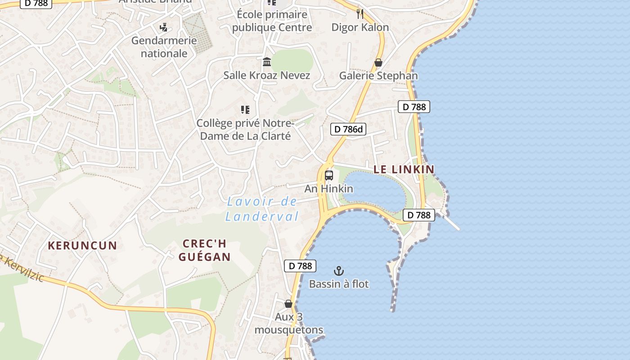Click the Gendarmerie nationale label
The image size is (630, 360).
point(164,47)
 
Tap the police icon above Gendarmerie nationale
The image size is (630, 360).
point(164,27)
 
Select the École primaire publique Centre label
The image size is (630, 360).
point(272,21)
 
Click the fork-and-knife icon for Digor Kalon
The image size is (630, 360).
point(360,13)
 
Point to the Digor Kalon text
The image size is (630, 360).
point(360,27)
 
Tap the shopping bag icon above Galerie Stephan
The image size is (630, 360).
point(378,63)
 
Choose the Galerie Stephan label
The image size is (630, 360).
point(378,75)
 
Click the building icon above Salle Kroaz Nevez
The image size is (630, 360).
point(267,62)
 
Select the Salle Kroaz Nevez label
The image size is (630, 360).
point(267,75)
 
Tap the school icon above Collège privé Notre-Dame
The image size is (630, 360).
point(245,109)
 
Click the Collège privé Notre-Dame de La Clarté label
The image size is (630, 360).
point(245,129)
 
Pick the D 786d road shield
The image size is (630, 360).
point(348,129)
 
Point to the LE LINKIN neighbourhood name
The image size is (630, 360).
point(404,169)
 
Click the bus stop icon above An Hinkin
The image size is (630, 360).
point(329,175)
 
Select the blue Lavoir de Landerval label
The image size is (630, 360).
point(262,209)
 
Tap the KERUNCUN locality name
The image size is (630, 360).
point(82,245)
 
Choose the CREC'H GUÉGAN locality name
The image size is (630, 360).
point(205,250)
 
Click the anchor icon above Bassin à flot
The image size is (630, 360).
point(339,270)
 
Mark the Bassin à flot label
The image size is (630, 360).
point(339,284)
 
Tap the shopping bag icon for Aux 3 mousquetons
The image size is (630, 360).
point(288,304)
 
